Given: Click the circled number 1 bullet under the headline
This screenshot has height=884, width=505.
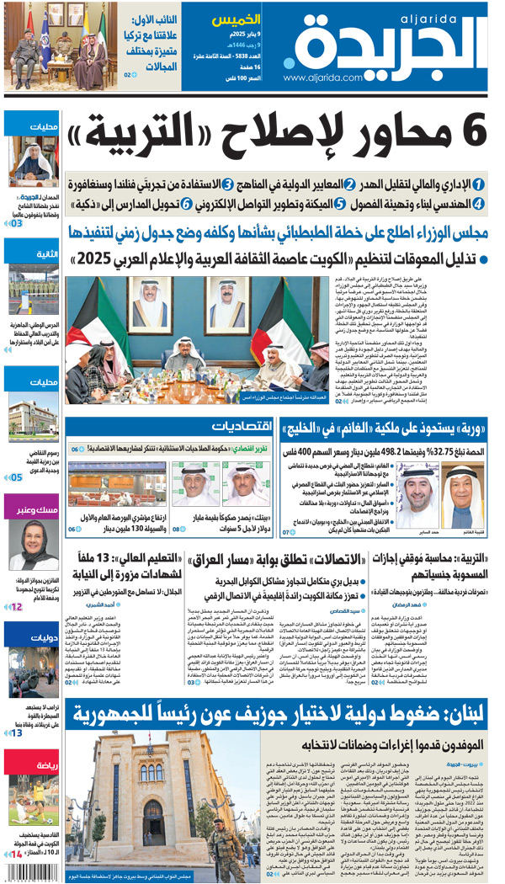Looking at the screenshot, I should pyautogui.click(x=478, y=184).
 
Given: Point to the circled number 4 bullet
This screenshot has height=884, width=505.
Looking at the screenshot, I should pyautogui.click(x=478, y=203).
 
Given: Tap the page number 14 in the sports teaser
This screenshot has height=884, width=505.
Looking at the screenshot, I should pyautogui.click(x=15, y=854).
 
